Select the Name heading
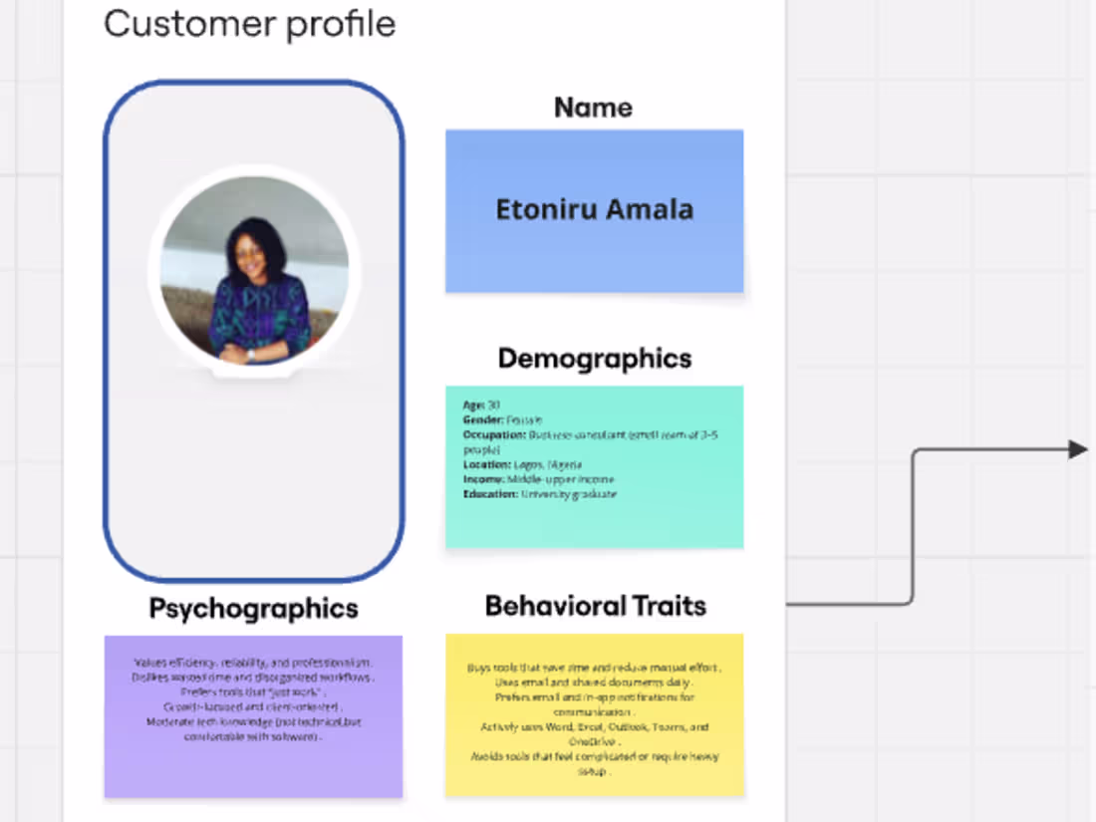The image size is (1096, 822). point(593,108)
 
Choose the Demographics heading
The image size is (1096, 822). point(594,359)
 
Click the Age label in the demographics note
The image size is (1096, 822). point(473,406)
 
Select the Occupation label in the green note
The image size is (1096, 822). point(487,435)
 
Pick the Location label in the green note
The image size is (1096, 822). point(485,464)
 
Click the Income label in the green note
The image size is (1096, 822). point(482,479)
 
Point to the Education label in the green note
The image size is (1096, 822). point(489,494)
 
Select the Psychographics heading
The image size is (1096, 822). point(253,609)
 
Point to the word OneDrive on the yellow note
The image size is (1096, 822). point(594,742)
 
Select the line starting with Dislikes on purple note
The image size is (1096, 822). point(253,678)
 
